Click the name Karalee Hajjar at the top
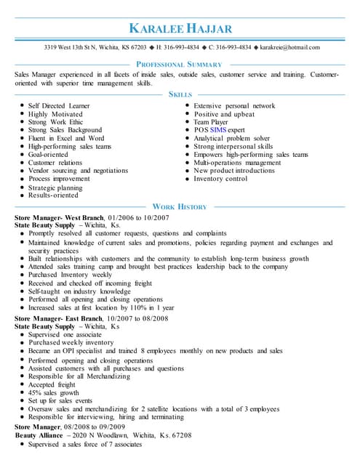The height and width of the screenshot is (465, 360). [180, 28]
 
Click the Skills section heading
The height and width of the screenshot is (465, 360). [180, 94]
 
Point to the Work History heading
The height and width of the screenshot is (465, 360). [180, 206]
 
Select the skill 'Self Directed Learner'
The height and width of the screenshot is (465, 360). [59, 106]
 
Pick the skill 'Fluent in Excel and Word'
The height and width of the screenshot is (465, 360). [66, 138]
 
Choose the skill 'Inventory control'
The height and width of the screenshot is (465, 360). [220, 179]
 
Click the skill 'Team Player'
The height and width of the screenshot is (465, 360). [211, 122]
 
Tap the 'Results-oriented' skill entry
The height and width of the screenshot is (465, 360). [53, 195]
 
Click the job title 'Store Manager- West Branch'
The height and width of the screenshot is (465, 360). [58, 217]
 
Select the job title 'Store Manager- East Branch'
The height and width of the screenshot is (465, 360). [58, 318]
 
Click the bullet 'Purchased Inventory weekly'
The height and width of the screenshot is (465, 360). [71, 275]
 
